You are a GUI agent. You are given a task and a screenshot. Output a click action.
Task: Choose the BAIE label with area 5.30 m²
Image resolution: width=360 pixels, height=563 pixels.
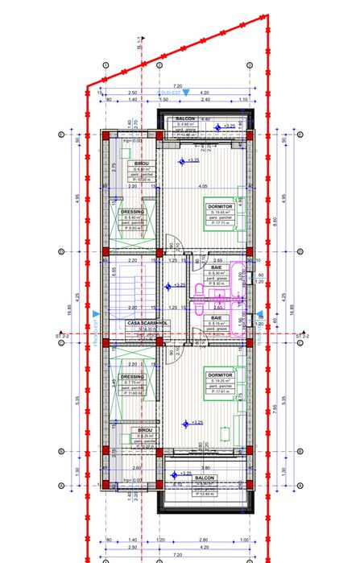pos(217,267)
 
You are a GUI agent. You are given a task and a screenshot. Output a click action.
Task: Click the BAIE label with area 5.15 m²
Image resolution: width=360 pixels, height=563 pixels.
pos(217,318)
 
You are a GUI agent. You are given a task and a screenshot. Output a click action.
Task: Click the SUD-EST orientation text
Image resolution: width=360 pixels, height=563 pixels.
pos(171,93)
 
